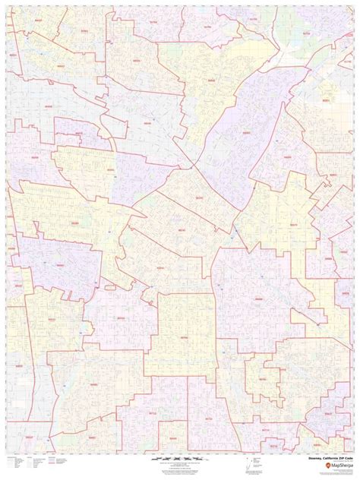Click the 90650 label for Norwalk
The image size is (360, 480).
(x=258, y=300)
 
